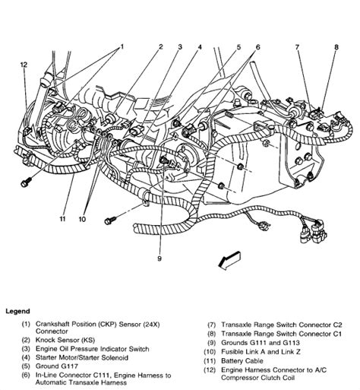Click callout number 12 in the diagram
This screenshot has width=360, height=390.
(24, 65)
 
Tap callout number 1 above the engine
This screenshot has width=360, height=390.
(122, 47)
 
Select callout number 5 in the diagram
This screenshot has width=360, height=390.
(238, 47)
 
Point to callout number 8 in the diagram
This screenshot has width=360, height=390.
(336, 47)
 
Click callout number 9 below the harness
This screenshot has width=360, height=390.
(159, 258)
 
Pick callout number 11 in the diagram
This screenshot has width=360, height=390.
(62, 219)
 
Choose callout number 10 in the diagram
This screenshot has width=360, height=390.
(82, 219)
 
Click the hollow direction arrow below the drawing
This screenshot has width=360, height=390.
(229, 261)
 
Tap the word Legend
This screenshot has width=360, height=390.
(17, 311)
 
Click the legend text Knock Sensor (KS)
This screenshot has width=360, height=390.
(65, 340)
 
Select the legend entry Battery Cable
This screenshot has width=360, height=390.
(242, 360)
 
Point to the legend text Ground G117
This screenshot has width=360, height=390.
(57, 366)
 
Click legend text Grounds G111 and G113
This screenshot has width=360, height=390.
(261, 343)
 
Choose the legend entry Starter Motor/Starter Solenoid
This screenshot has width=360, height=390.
(82, 357)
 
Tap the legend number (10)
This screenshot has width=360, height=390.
(210, 352)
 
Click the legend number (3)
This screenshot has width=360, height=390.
(26, 349)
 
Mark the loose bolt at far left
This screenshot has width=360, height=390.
(26, 182)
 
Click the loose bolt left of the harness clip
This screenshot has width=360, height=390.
(110, 220)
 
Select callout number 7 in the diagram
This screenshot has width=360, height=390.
(297, 47)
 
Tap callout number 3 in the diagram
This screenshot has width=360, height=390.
(180, 47)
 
